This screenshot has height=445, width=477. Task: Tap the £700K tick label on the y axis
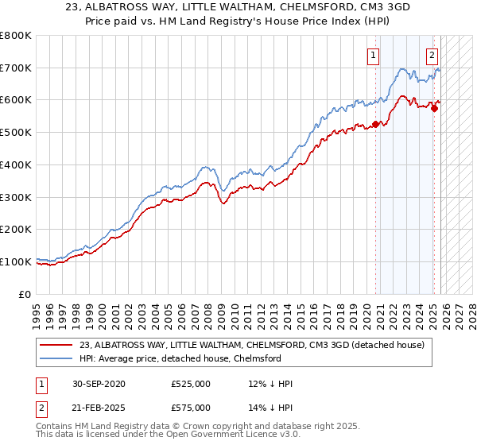tap(15, 68)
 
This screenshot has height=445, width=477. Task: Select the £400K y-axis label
tap(15, 164)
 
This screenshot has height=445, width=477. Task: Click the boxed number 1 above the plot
tap(373, 56)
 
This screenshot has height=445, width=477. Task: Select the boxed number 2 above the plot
tap(432, 56)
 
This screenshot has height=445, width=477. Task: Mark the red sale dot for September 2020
tap(375, 124)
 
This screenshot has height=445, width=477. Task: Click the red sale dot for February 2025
tap(434, 108)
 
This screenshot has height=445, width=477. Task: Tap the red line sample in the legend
tap(56, 345)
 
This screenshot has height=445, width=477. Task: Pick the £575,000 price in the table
tap(191, 407)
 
